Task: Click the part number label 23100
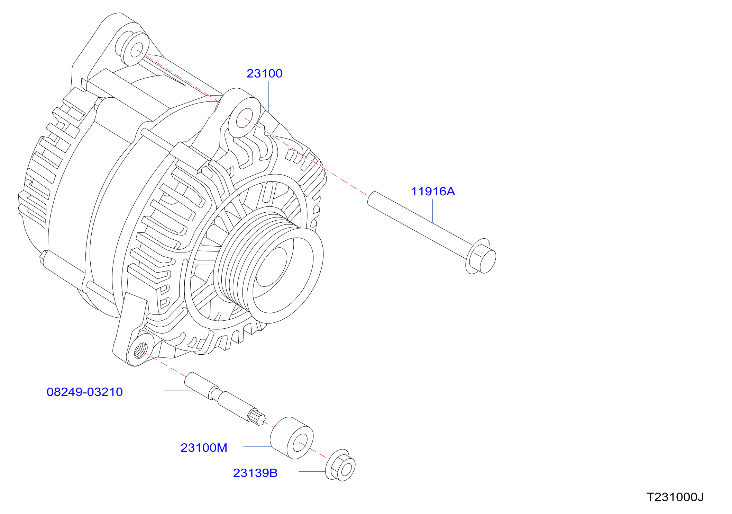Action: pos(264,73)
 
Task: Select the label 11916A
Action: pos(433,191)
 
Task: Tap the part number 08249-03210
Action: pos(85,392)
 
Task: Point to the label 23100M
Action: pos(204,447)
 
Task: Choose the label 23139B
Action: pos(255,473)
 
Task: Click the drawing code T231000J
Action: pos(675,497)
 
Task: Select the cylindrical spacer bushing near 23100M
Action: pos(292,438)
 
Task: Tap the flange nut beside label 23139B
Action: pos(340,466)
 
